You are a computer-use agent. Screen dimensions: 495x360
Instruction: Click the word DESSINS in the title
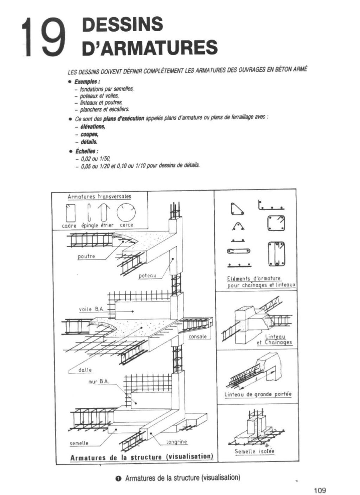click(x=122, y=24)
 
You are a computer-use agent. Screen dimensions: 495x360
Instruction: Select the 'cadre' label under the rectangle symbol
click(x=69, y=226)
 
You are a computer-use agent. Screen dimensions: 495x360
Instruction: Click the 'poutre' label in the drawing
click(x=86, y=256)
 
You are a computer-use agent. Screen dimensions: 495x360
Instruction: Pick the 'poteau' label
click(x=147, y=276)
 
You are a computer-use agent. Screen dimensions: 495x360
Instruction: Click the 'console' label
click(x=198, y=337)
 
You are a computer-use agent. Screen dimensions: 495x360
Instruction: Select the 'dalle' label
click(x=85, y=370)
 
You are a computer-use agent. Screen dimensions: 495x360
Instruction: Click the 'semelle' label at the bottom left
click(x=79, y=443)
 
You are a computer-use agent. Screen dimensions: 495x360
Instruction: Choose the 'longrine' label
click(x=176, y=442)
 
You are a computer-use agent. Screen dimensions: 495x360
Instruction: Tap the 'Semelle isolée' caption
click(x=255, y=451)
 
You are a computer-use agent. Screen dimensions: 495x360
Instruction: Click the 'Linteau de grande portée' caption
click(x=258, y=394)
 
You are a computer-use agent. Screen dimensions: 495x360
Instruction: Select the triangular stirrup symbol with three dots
click(x=237, y=209)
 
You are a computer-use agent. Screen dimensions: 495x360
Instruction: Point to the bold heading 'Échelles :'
click(x=86, y=151)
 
